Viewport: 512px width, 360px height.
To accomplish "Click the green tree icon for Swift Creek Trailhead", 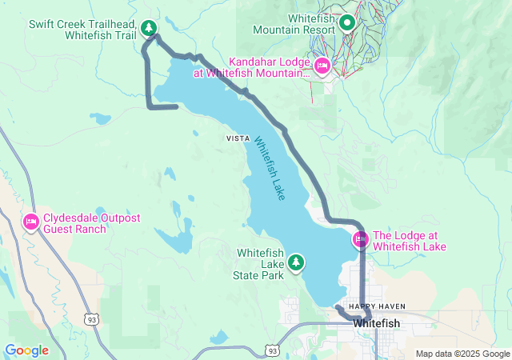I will coord(148,29).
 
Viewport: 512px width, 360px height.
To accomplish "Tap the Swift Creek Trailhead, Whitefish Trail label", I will coord(82,30).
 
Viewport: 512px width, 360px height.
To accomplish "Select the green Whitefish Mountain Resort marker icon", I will coord(346,22).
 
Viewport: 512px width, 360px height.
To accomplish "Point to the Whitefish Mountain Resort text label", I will coord(293,23).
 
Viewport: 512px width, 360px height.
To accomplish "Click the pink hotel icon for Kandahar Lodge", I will coord(322,66).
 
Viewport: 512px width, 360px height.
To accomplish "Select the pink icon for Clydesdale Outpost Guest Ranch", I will coord(31,222).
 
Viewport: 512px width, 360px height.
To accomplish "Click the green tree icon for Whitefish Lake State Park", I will coord(296,262).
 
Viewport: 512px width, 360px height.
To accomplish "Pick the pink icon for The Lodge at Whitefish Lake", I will coord(360,239).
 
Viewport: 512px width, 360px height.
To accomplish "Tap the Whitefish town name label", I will coord(377,323).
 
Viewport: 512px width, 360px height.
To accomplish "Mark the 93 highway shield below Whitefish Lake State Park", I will coord(273,350).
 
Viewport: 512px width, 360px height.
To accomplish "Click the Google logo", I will coord(26,350).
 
